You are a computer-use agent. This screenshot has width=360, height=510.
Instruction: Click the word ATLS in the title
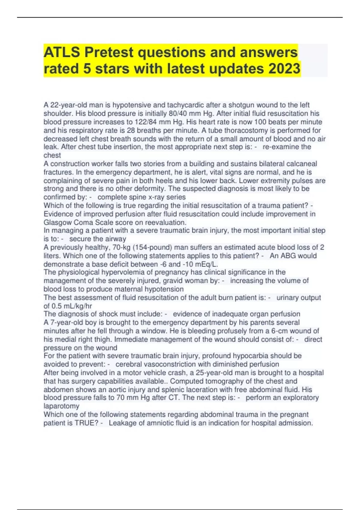(61, 52)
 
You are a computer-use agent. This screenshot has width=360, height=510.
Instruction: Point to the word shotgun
(241, 105)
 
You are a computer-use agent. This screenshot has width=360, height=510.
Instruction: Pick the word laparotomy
(61, 406)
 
